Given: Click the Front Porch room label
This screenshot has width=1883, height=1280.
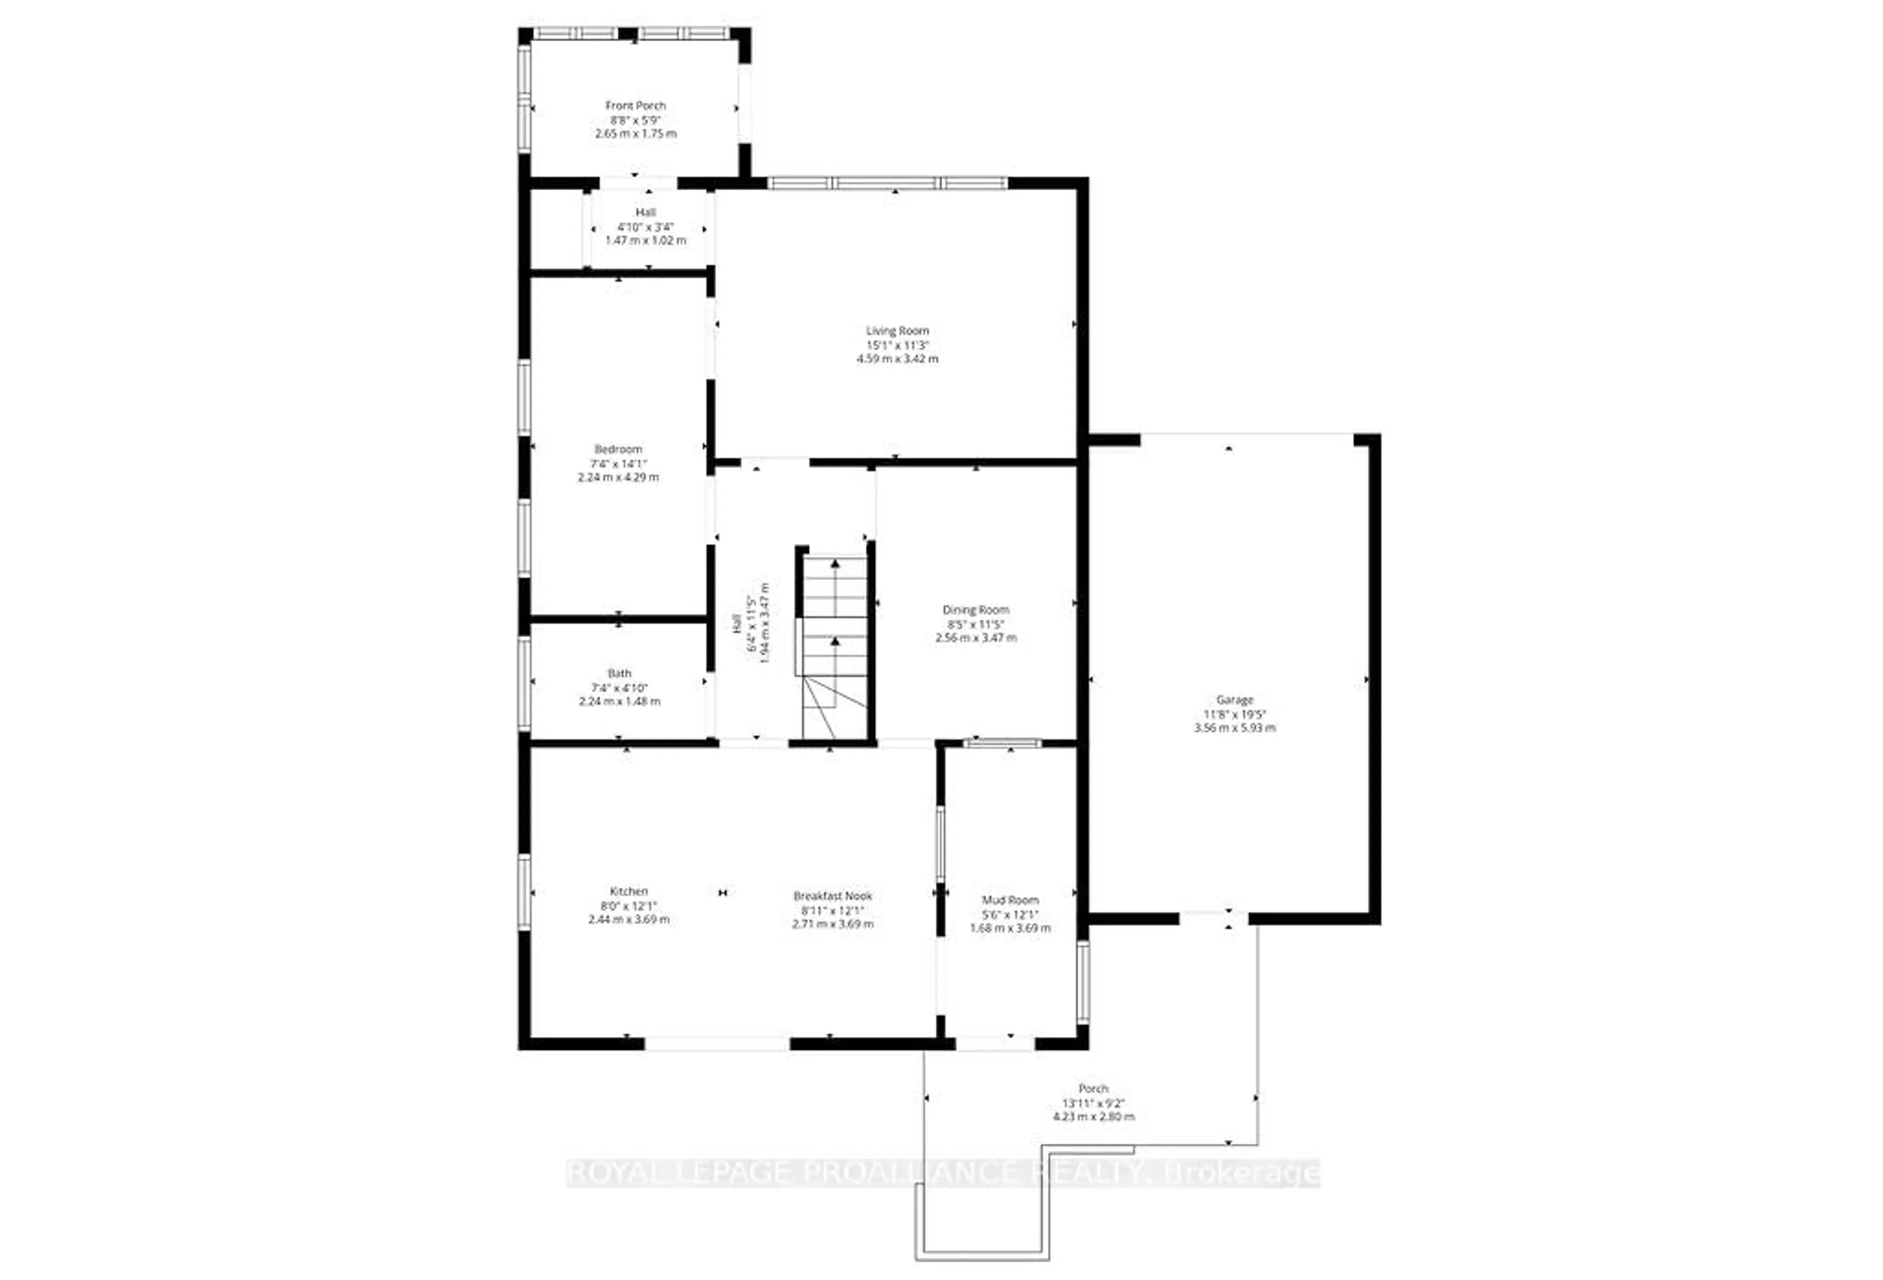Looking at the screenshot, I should click(635, 105).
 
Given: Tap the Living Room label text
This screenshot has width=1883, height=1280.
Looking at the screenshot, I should click(897, 331).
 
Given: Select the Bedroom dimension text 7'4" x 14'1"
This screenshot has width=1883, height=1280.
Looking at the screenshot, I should click(618, 463).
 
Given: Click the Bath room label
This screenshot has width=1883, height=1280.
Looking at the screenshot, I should click(619, 673).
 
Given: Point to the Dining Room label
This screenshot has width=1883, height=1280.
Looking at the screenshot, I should click(975, 610).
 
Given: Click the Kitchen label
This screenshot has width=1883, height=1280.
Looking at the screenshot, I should click(629, 891).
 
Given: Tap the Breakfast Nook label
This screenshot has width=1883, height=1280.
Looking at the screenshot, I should click(832, 896).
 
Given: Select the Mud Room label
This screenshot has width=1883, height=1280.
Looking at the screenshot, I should click(1010, 900).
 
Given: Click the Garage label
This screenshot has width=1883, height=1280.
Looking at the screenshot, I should click(1234, 700).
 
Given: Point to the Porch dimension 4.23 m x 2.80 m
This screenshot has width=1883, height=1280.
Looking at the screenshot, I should click(1093, 1116).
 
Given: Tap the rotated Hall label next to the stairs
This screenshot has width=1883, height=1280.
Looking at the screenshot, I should click(738, 624).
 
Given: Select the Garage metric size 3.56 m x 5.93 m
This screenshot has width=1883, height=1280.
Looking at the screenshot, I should click(1234, 727).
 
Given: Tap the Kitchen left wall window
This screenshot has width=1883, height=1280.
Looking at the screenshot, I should click(524, 891).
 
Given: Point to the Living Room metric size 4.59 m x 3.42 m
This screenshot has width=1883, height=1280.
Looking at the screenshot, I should click(897, 358).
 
